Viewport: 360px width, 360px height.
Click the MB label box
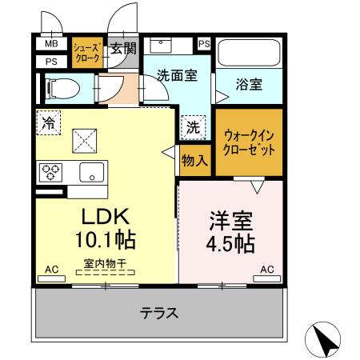(x=50, y=44)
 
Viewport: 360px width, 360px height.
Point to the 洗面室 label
(x=176, y=77)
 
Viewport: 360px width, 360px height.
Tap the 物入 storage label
(x=194, y=161)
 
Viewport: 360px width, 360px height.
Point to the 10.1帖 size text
(x=104, y=240)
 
